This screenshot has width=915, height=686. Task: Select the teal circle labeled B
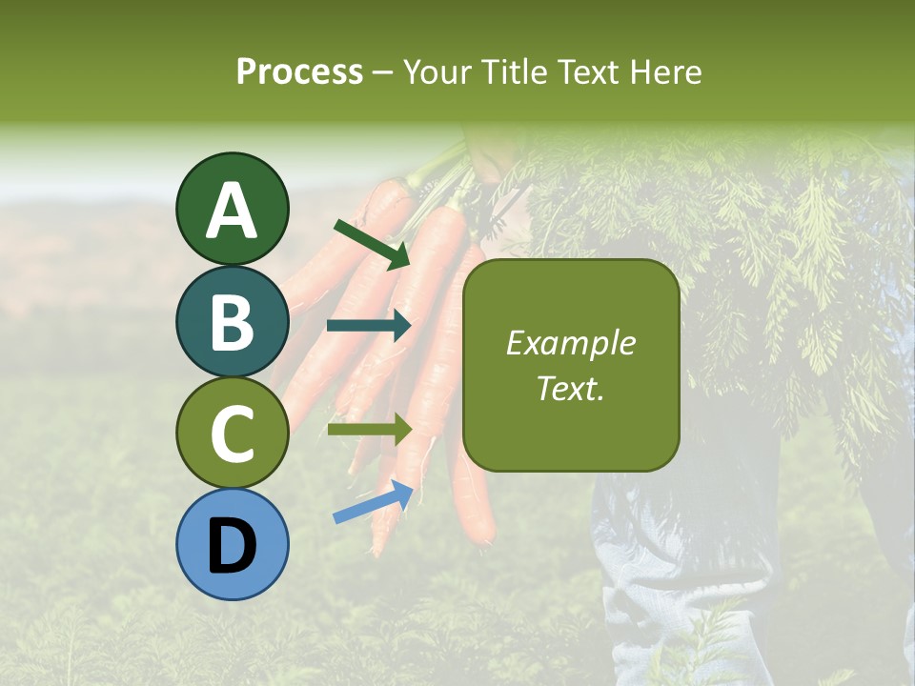click(x=233, y=321)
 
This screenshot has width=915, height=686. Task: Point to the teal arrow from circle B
click(x=369, y=326)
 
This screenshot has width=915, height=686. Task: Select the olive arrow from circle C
click(x=369, y=430)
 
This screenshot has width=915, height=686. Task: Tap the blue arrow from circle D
click(x=373, y=502)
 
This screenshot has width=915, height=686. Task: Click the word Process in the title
click(x=299, y=72)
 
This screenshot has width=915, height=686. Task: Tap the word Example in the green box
click(x=571, y=343)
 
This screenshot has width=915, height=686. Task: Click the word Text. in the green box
click(x=571, y=389)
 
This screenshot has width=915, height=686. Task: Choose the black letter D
click(x=233, y=546)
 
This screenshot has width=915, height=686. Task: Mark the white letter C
click(x=233, y=434)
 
